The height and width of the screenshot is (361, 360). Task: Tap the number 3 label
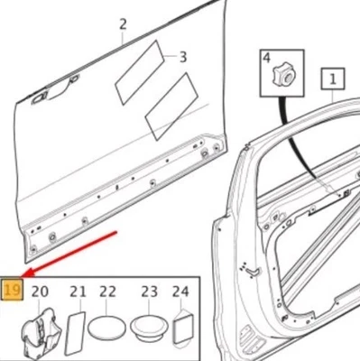(183, 57)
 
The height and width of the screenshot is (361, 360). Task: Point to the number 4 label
(267, 59)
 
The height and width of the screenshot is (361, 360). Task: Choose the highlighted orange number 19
(12, 291)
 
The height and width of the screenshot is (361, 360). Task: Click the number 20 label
(40, 291)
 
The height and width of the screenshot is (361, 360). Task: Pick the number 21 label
(78, 291)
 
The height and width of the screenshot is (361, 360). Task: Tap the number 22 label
(108, 291)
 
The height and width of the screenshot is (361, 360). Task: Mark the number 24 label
(180, 291)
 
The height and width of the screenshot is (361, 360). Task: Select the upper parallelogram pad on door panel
(138, 74)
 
